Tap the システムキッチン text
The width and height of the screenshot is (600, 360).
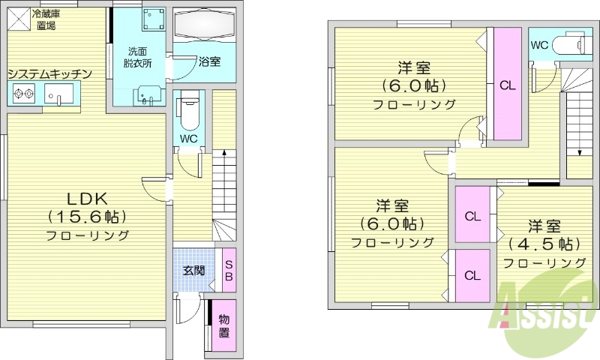[x=50, y=73]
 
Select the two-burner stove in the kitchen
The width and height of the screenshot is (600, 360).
[x=25, y=94]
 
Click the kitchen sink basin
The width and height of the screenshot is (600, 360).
[x=58, y=94]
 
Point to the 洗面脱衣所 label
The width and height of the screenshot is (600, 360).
[x=138, y=58]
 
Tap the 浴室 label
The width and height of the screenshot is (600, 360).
[x=209, y=61]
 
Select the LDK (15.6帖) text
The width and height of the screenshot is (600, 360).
[x=88, y=208]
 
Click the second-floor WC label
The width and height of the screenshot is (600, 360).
[x=539, y=45]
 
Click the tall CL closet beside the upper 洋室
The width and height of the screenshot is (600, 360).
[x=508, y=84]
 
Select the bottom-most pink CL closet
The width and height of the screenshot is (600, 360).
[x=472, y=274]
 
